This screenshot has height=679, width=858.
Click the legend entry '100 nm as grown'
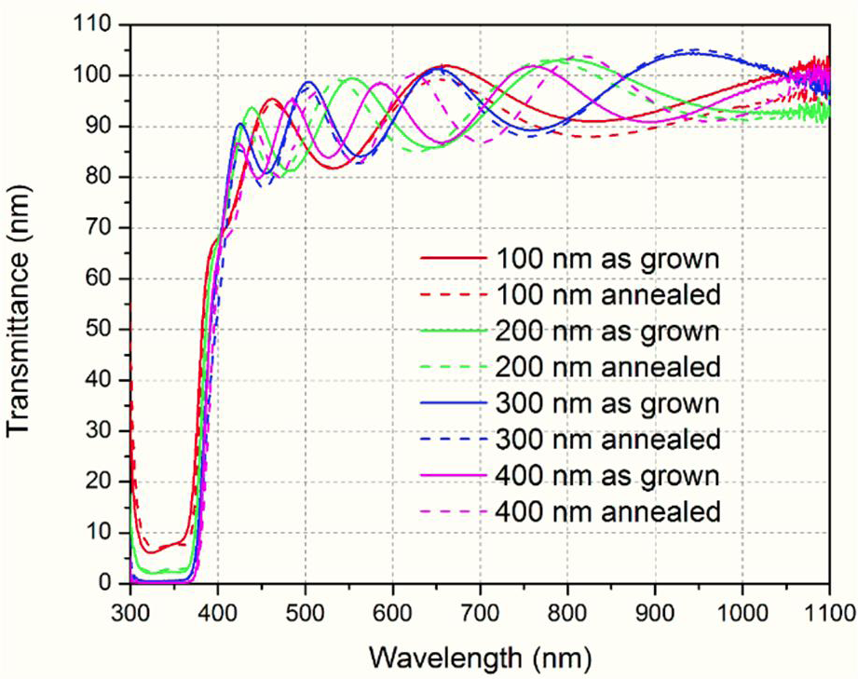point(609,258)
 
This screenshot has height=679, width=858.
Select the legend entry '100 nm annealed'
point(609,294)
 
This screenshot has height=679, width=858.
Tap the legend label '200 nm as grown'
point(609,331)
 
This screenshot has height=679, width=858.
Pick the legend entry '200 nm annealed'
point(609,367)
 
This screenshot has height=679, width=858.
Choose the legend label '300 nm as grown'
point(609,403)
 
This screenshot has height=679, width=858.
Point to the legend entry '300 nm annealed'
point(609,439)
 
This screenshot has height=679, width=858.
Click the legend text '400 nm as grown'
point(609,475)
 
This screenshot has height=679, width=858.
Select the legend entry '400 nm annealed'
point(609,511)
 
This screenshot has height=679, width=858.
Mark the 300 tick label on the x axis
point(130,611)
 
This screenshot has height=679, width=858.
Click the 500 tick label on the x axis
point(305,611)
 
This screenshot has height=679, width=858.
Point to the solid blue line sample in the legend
point(454,403)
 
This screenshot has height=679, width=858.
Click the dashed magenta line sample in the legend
point(454,511)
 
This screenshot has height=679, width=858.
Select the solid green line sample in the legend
point(454,331)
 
